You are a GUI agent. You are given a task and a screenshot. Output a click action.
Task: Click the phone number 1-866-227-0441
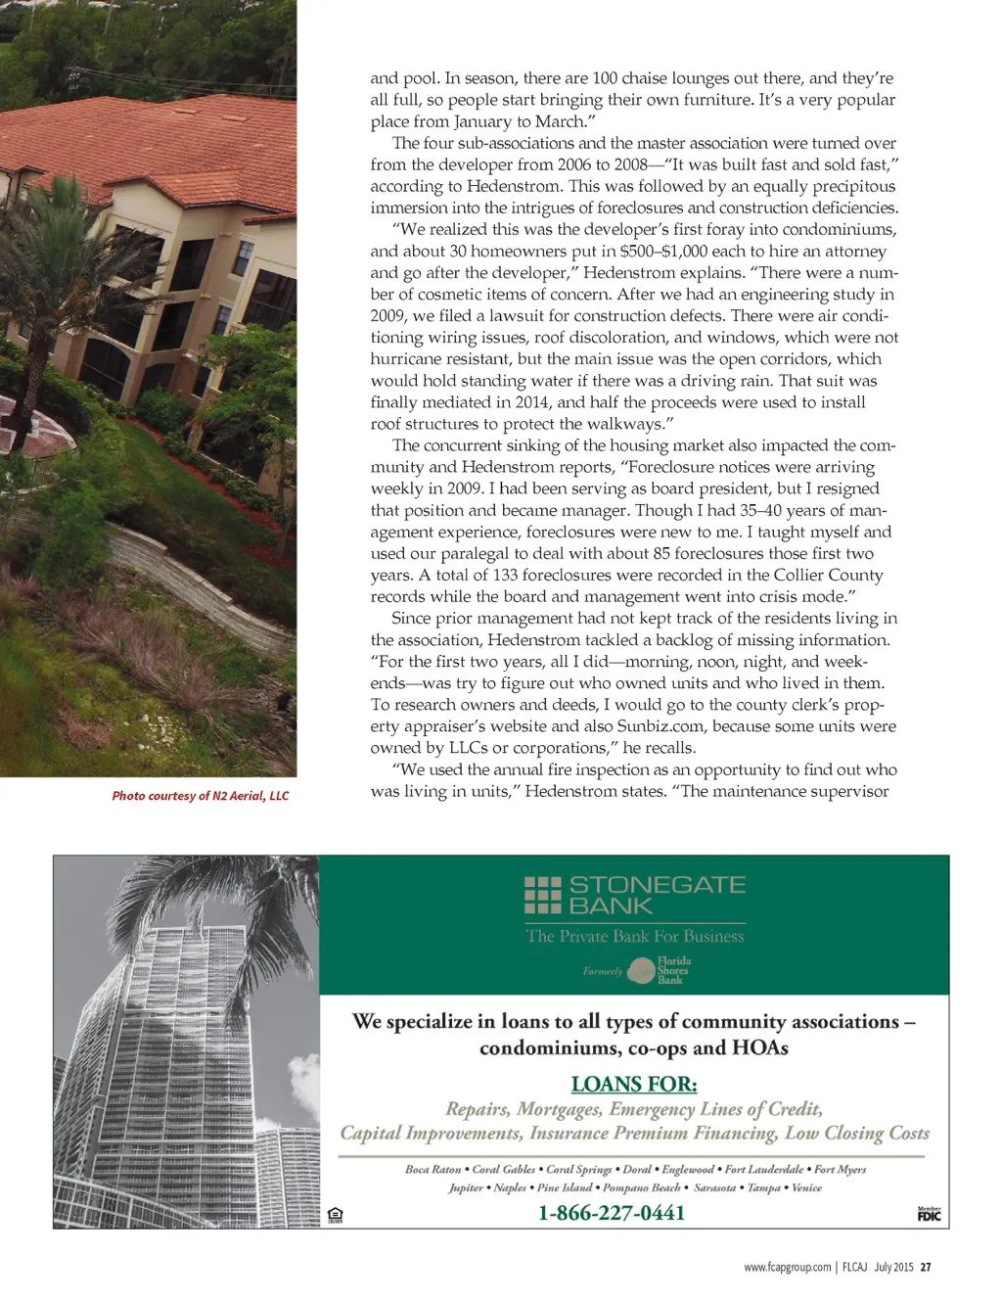tap(612, 1213)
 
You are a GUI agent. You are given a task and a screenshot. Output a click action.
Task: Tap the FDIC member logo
tap(929, 1215)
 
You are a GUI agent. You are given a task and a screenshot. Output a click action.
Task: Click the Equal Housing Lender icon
tap(336, 1216)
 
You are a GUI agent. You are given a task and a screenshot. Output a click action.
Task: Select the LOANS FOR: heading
tap(634, 1085)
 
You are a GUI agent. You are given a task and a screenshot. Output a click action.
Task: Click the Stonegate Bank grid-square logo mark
tap(543, 895)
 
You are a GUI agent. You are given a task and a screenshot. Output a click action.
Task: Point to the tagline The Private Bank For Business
tap(635, 936)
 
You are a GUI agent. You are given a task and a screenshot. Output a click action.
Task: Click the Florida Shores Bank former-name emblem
tap(642, 971)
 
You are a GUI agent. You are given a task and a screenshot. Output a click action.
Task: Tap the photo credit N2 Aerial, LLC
tap(201, 796)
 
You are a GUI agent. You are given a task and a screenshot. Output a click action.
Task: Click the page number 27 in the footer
tap(926, 1267)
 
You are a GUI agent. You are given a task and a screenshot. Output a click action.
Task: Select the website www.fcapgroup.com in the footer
tap(787, 1267)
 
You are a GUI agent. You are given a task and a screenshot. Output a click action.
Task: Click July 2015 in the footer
tap(893, 1267)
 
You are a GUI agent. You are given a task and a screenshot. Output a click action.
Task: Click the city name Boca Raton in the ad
tap(433, 1169)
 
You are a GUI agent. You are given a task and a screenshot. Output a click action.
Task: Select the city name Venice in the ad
tap(806, 1187)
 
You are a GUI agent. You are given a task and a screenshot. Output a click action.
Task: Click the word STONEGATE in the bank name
tap(658, 885)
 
